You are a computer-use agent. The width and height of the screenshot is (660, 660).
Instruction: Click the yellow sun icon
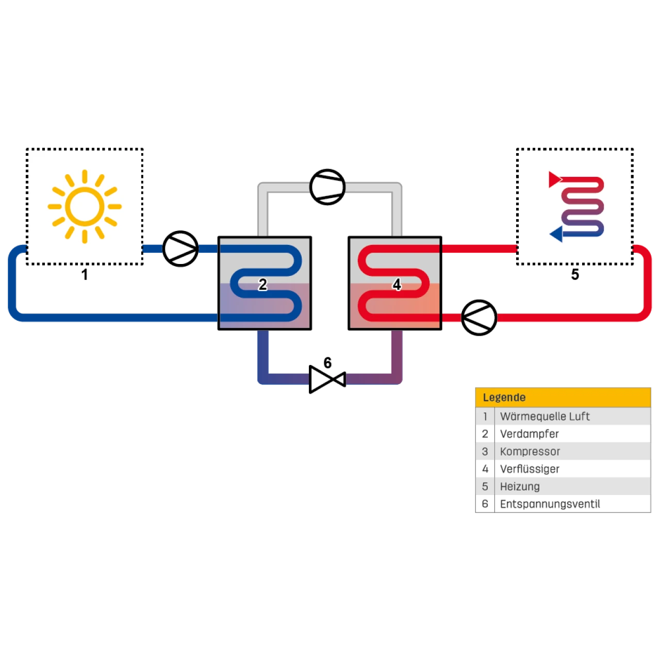[x=85, y=206]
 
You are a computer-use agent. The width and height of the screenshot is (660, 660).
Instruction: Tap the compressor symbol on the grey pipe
[x=327, y=186]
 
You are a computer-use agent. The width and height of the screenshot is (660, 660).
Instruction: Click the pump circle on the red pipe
[x=479, y=318]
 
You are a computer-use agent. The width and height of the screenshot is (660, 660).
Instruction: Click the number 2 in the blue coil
[x=263, y=284]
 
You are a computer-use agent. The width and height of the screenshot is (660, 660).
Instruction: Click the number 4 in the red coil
[x=397, y=284]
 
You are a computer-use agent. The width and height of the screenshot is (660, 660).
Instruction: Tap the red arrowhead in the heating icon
[x=555, y=179]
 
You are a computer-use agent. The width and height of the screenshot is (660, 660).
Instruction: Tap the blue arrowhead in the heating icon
[x=556, y=235]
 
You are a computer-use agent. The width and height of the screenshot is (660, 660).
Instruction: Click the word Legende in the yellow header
[x=504, y=398]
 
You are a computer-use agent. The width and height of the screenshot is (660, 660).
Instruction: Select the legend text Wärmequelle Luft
[x=544, y=417]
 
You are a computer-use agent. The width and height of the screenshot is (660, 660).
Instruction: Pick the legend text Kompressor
[x=530, y=452]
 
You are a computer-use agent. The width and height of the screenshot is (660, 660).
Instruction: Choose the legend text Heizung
[x=520, y=487]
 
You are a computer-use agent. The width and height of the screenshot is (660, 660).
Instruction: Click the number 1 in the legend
[x=485, y=417]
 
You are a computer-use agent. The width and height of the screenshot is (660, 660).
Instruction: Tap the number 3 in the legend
[x=485, y=452]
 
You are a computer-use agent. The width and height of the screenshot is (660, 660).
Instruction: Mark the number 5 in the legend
[x=485, y=487]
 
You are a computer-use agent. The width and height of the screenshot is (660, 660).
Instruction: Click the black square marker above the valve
[x=327, y=361]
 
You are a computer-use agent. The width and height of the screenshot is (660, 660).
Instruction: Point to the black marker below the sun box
[x=85, y=274]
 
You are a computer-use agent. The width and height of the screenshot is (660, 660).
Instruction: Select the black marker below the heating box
[x=575, y=274]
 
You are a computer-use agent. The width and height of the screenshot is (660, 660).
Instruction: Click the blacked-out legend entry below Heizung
[x=550, y=504]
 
